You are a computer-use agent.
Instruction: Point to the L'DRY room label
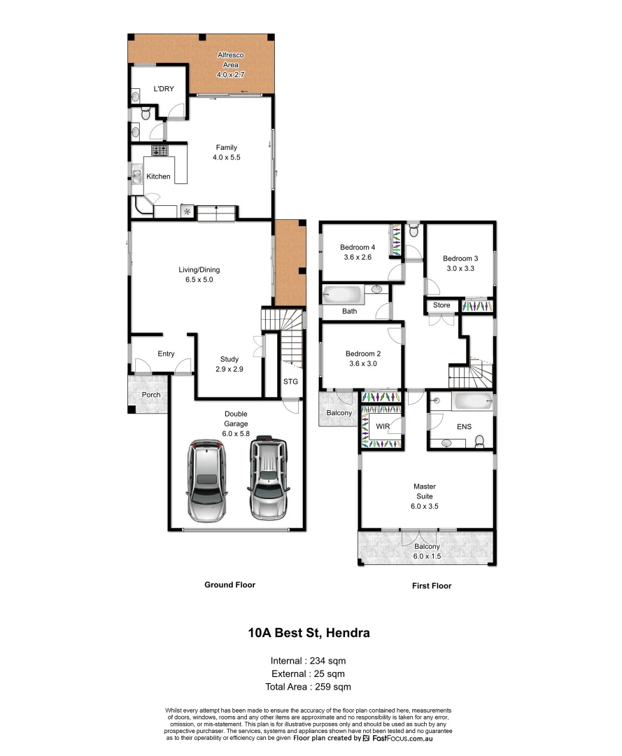(x=164, y=88)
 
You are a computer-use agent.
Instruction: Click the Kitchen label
(x=158, y=176)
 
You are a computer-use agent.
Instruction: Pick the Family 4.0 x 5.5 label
(x=225, y=153)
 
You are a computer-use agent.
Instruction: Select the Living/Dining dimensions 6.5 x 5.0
(x=199, y=279)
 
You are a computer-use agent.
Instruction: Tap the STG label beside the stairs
(x=290, y=381)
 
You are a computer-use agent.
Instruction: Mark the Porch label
(x=151, y=395)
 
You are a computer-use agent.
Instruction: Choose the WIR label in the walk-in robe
(x=382, y=426)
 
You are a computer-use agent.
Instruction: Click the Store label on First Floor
(x=441, y=305)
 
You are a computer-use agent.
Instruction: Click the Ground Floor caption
(x=229, y=584)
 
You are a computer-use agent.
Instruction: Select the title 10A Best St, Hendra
(x=309, y=633)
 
